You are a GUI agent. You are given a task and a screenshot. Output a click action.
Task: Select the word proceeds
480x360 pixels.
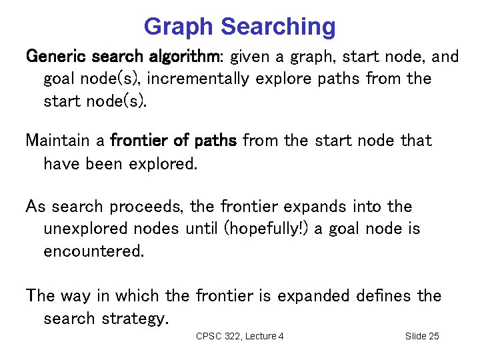(147, 207)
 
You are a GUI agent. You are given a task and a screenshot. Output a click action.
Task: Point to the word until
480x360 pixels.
(201, 229)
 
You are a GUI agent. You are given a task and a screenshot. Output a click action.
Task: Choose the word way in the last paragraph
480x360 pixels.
(79, 295)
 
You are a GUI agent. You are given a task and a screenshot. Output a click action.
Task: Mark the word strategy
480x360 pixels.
(132, 319)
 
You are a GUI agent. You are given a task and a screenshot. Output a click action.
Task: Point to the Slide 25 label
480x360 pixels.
(422, 336)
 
